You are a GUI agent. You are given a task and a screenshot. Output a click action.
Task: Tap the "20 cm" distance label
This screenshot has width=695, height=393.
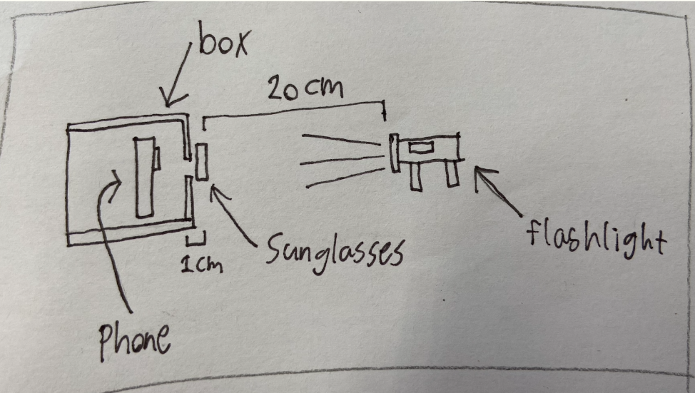[305, 90]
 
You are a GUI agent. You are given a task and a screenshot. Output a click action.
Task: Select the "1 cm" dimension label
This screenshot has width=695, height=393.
[201, 264]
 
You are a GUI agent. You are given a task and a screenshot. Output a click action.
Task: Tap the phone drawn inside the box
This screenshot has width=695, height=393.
[143, 178]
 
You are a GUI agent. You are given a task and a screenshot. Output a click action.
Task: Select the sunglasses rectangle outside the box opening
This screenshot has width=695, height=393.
[202, 162]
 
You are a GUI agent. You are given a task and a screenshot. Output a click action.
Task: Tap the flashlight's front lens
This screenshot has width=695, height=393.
[393, 153]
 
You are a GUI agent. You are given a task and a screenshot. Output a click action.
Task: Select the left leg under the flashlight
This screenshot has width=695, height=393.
[415, 175]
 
